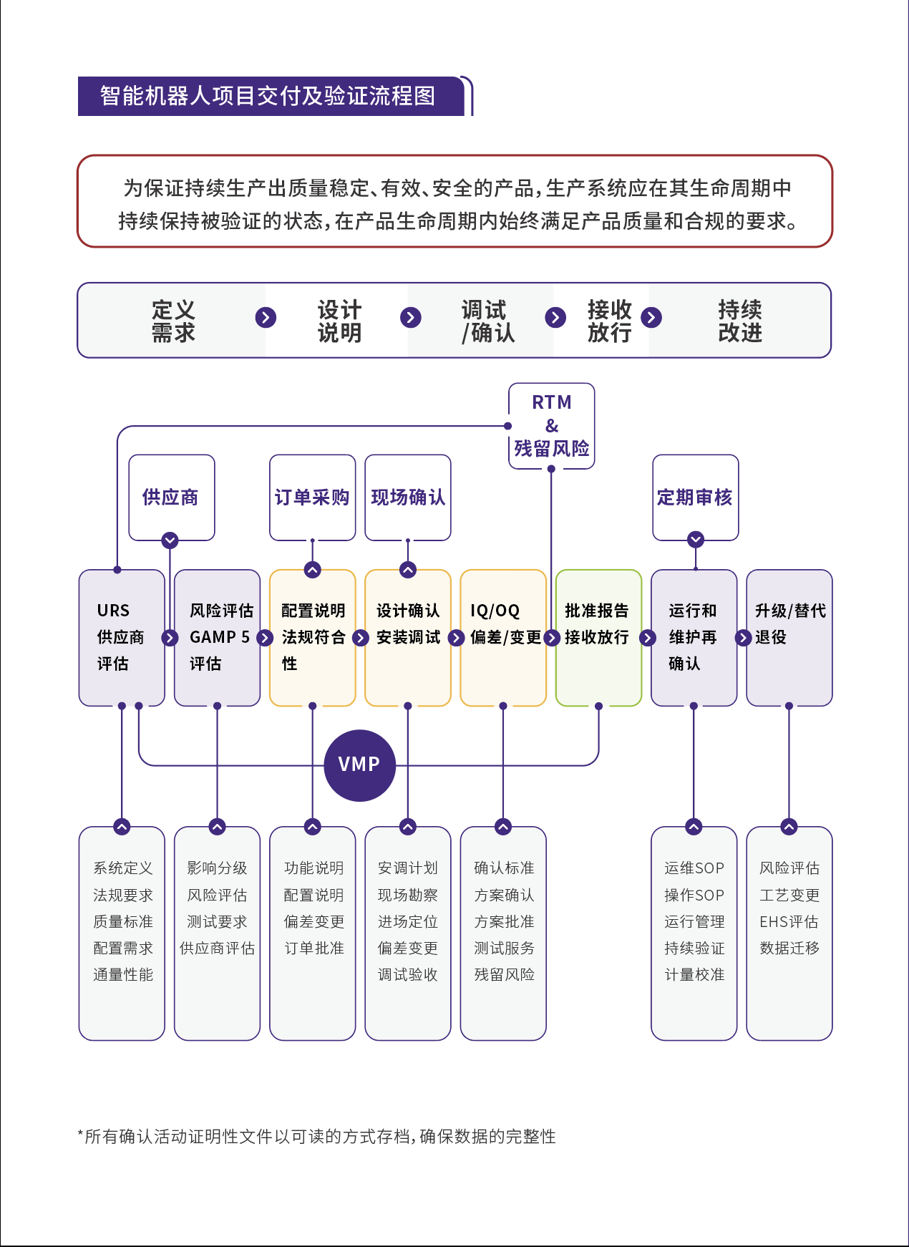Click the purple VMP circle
pyautogui.click(x=359, y=765)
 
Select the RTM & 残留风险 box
pyautogui.click(x=551, y=426)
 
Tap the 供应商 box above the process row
pyautogui.click(x=171, y=497)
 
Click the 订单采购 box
pyautogui.click(x=312, y=497)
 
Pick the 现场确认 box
pyautogui.click(x=407, y=497)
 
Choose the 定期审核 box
pyautogui.click(x=695, y=497)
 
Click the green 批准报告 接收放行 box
pyautogui.click(x=598, y=637)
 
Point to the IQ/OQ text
pyautogui.click(x=495, y=611)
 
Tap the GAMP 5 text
pyautogui.click(x=219, y=637)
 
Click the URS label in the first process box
pyautogui.click(x=113, y=611)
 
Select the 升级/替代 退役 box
pyautogui.click(x=789, y=637)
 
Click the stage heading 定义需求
pyautogui.click(x=173, y=321)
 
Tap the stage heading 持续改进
pyautogui.click(x=740, y=321)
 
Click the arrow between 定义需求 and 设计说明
pyautogui.click(x=266, y=317)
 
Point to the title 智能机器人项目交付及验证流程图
pyautogui.click(x=268, y=96)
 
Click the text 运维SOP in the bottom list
pyautogui.click(x=694, y=868)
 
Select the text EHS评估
pyautogui.click(x=789, y=922)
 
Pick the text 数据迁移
pyautogui.click(x=789, y=948)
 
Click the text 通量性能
pyautogui.click(x=123, y=975)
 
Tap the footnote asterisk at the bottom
pyautogui.click(x=80, y=1134)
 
